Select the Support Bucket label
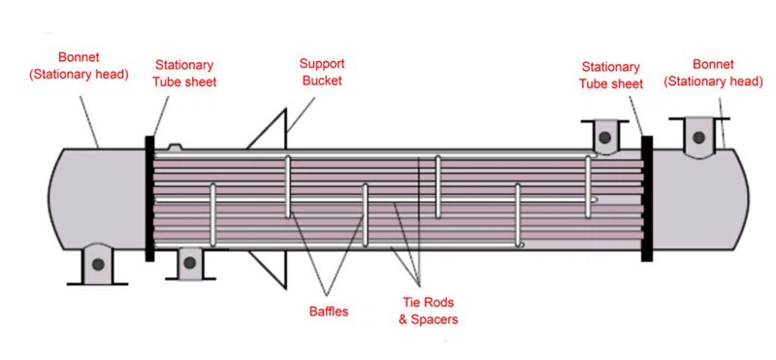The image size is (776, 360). (x=322, y=73)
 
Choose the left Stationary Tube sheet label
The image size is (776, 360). (x=185, y=74)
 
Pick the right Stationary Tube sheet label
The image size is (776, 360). (x=611, y=75)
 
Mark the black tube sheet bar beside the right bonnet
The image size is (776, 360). (x=647, y=199)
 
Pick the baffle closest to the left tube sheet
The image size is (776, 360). (x=213, y=217)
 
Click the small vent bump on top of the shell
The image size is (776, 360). (x=176, y=147)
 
